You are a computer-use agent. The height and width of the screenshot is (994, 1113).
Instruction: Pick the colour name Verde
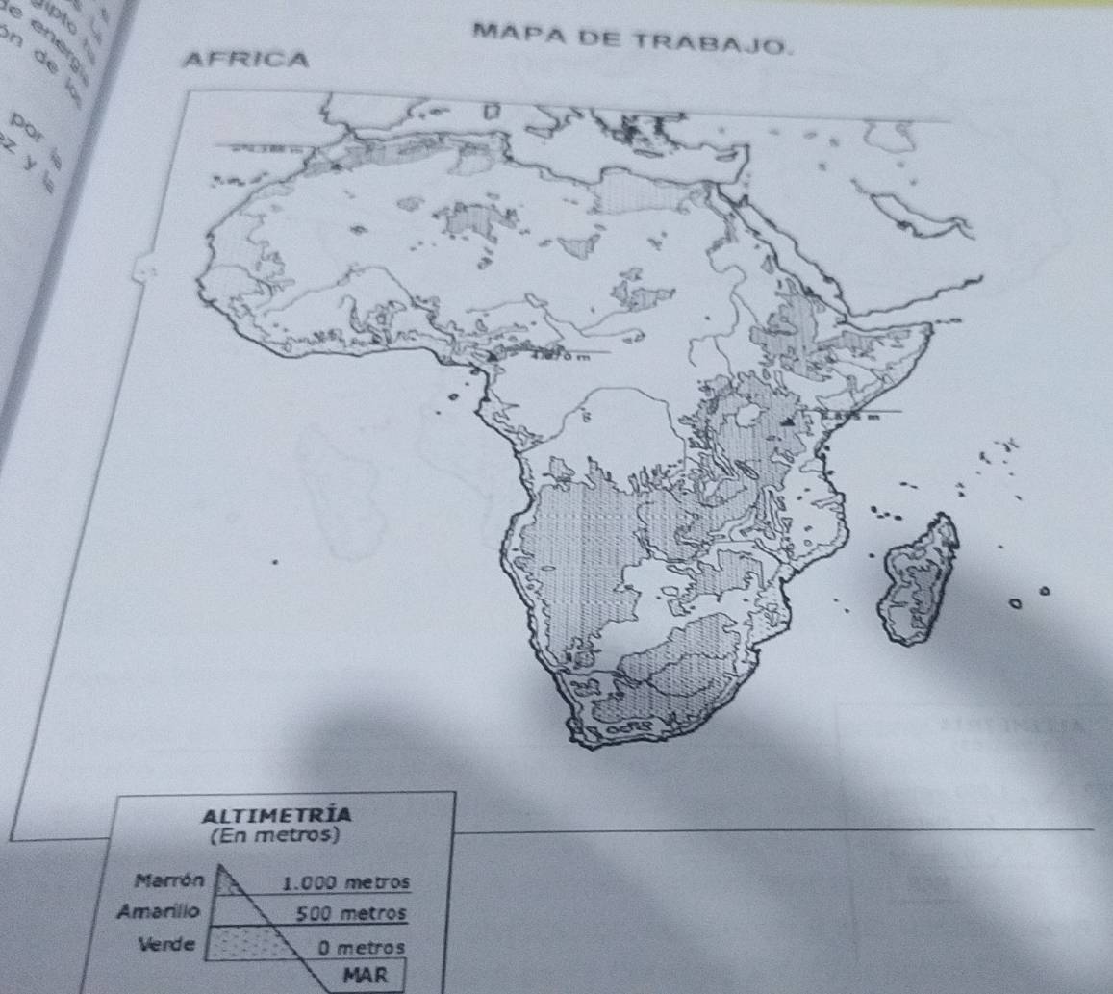[169, 941]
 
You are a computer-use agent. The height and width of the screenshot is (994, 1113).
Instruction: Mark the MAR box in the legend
[366, 973]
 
